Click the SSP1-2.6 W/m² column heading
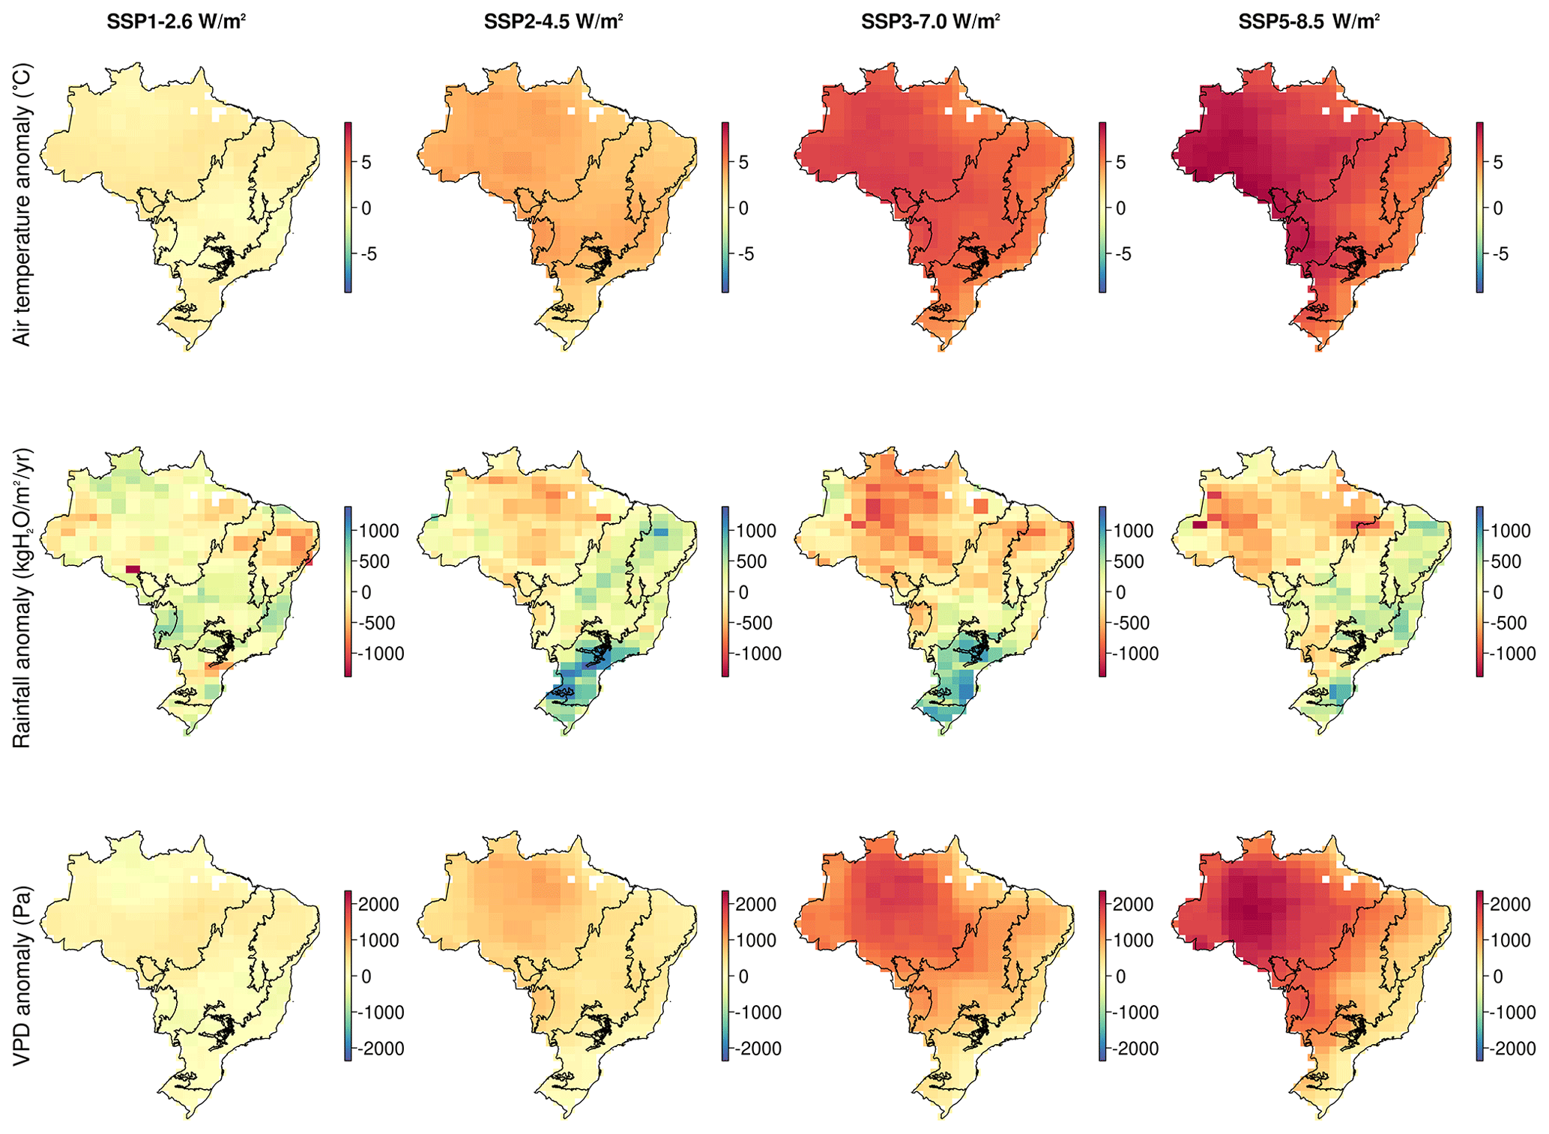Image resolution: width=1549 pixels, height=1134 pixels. tap(176, 22)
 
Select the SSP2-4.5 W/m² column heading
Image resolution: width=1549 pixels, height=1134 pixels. tap(553, 22)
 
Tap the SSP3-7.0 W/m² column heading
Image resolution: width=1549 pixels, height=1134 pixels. tap(930, 22)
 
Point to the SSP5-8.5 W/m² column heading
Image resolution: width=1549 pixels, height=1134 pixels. tap(1308, 22)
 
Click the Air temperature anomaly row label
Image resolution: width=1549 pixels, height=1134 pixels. tap(22, 204)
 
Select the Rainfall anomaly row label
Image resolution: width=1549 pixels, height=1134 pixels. tap(22, 597)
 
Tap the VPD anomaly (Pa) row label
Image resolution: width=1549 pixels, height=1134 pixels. tap(22, 975)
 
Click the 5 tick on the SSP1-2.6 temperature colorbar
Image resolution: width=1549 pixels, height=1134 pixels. tap(366, 163)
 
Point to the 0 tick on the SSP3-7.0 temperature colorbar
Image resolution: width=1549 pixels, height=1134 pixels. tap(1120, 208)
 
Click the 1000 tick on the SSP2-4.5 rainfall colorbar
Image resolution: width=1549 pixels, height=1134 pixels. tap(755, 531)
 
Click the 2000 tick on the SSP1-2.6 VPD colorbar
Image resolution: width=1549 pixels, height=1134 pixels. tap(378, 904)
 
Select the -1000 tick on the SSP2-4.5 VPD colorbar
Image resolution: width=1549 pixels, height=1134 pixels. tap(755, 1013)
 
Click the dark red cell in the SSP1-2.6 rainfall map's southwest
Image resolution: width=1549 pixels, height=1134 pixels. tap(133, 570)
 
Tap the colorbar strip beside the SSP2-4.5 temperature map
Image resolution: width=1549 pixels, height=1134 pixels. tap(725, 207)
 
